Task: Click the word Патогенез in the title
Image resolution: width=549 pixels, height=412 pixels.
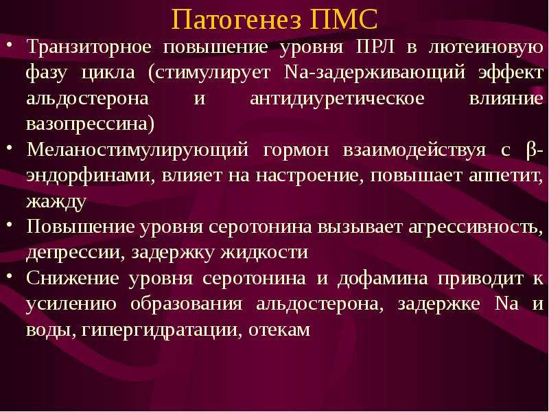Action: [x=236, y=19]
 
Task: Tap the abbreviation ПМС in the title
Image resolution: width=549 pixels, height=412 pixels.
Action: [x=344, y=19]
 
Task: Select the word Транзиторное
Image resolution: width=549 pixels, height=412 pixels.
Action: [x=89, y=47]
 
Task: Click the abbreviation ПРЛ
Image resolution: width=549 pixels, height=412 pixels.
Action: [x=375, y=47]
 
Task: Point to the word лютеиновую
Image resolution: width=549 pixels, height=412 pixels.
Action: [x=486, y=47]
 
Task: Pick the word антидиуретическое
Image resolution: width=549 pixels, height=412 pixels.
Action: [x=337, y=99]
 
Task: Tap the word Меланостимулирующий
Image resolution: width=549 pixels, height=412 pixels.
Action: [x=138, y=150]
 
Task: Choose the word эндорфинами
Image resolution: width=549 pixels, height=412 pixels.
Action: [x=89, y=175]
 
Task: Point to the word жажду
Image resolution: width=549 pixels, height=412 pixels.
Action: [x=56, y=201]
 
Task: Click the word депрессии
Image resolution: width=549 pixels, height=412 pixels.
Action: [x=73, y=253]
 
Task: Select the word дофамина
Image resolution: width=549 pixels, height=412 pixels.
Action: [x=382, y=279]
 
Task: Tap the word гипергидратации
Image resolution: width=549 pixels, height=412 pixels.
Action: [x=159, y=330]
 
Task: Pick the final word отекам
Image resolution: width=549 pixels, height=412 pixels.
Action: [x=279, y=330]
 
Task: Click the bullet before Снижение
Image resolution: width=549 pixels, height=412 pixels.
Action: [x=10, y=276]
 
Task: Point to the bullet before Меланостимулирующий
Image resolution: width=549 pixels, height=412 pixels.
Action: [x=10, y=148]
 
